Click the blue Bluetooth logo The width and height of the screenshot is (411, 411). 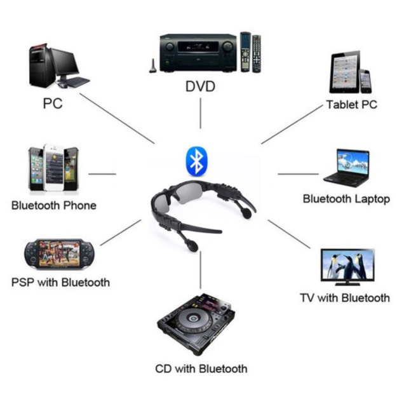(x=196, y=161)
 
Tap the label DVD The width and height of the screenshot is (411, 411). (x=200, y=86)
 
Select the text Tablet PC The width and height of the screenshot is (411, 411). (x=351, y=104)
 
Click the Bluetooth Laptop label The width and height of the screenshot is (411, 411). (x=346, y=199)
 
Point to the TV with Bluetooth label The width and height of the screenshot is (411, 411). (x=344, y=297)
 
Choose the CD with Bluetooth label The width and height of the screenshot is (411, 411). (x=201, y=368)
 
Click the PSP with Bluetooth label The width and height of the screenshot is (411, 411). (x=60, y=282)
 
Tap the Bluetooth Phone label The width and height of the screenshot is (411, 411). (x=54, y=205)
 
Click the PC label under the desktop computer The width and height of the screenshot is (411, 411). (x=53, y=103)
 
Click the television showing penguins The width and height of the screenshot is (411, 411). (x=347, y=266)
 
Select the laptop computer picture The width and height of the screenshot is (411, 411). (x=346, y=168)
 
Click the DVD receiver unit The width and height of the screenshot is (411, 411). (x=198, y=53)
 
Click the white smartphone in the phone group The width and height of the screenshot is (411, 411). (x=54, y=168)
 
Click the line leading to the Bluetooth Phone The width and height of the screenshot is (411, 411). (x=102, y=173)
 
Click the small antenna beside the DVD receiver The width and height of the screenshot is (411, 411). (x=152, y=66)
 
